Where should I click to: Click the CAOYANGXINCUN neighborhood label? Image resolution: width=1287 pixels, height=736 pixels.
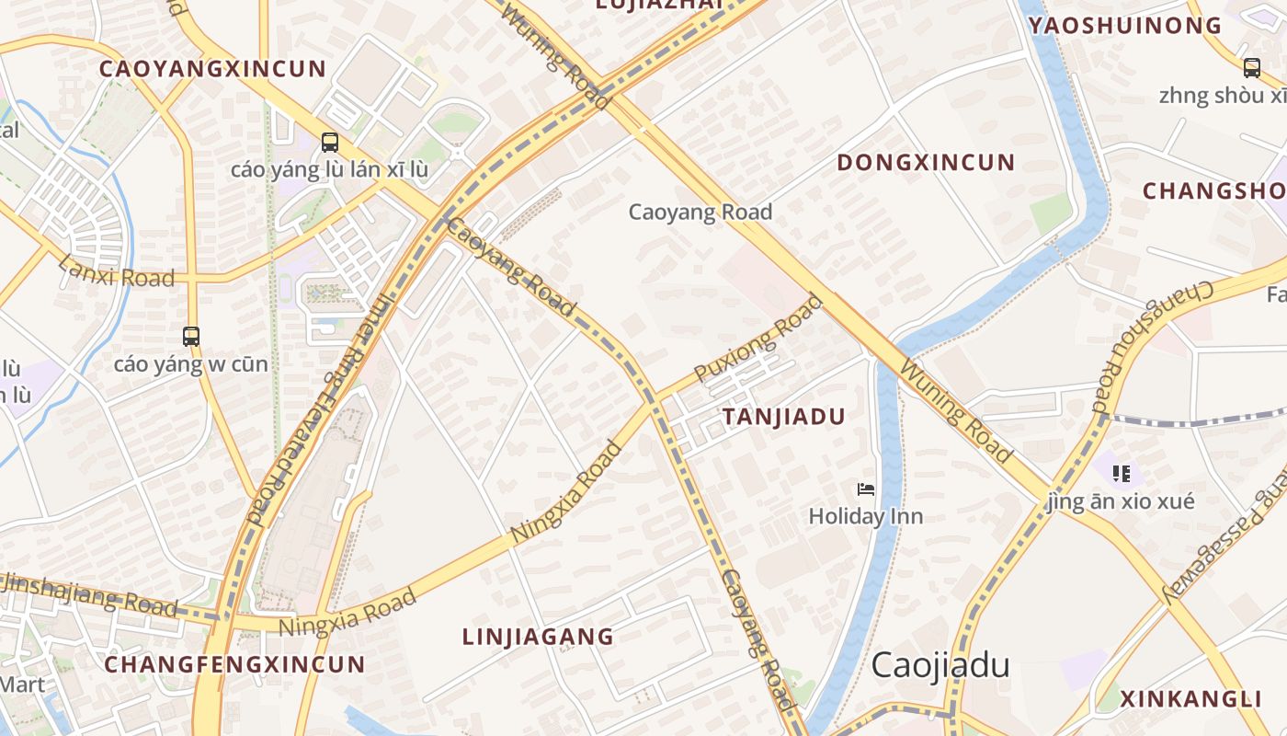(212, 69)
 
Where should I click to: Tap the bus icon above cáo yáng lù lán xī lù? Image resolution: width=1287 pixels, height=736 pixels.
(330, 143)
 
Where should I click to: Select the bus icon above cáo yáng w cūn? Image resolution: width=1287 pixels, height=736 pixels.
(191, 337)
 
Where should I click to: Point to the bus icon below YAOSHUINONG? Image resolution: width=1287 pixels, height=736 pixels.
(1251, 67)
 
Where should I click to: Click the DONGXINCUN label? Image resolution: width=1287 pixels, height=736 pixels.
(926, 163)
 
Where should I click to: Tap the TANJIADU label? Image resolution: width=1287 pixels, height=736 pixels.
(783, 417)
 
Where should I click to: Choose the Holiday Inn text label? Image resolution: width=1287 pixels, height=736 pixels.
(865, 516)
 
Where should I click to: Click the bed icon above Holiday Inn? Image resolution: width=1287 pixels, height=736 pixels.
(865, 489)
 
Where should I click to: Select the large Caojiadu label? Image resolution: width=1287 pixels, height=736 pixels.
(940, 664)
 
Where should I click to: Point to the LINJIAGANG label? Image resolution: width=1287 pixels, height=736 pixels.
(538, 637)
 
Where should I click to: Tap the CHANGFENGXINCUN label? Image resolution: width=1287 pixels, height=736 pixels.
(234, 664)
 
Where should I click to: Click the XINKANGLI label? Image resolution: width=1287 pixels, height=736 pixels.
(1190, 698)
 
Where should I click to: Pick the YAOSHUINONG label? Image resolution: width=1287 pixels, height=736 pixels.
(1124, 26)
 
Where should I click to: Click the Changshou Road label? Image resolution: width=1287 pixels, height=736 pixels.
(1152, 345)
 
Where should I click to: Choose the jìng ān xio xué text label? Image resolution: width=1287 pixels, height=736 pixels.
(1122, 501)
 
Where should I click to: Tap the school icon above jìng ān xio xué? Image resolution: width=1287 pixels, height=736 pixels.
(1121, 474)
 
